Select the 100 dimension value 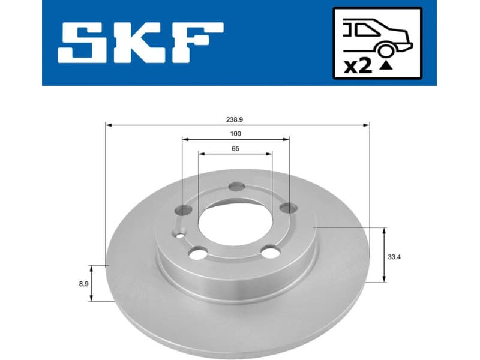tap(235, 134)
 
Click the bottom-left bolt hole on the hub tap(197, 253)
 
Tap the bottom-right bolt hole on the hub tap(271, 253)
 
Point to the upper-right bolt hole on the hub tap(289, 208)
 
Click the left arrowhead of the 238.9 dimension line tap(109, 125)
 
